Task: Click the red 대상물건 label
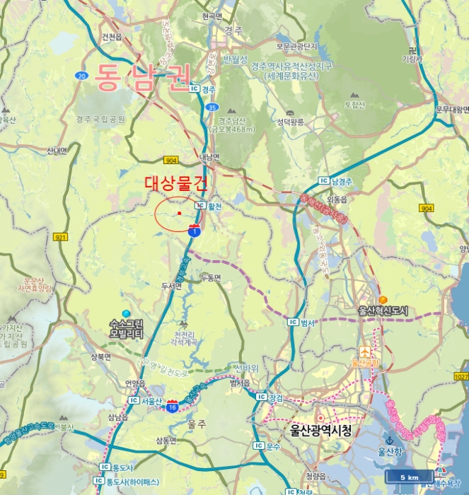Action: (x=177, y=184)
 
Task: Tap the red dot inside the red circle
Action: (x=180, y=212)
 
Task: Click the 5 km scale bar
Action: (x=409, y=478)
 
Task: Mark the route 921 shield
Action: (x=60, y=237)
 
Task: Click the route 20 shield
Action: (x=82, y=76)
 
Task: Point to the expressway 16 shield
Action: (x=173, y=405)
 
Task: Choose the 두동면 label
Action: (x=211, y=278)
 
